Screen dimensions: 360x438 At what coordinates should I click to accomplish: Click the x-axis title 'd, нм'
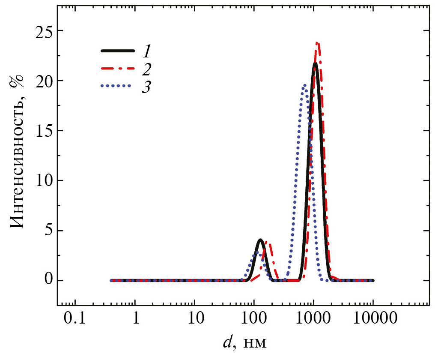(246, 343)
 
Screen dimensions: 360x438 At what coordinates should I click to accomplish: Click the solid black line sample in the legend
(115, 51)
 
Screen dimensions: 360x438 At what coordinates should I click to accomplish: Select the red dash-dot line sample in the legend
(115, 69)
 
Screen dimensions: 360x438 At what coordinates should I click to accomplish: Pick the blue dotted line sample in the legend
(115, 86)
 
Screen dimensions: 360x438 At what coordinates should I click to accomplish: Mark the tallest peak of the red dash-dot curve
(317, 43)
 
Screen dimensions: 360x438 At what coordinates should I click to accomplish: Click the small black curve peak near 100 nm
(260, 240)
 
